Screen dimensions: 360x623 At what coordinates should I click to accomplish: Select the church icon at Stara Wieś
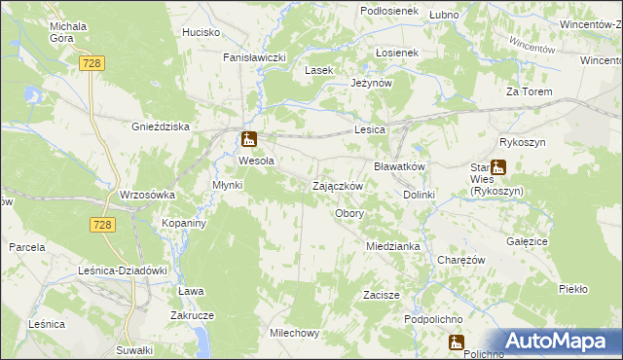point(497,167)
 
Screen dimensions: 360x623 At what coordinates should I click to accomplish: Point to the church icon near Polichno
point(455,342)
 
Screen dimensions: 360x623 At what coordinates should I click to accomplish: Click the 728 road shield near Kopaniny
point(104,225)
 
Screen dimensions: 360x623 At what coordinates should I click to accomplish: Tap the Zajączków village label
point(338,186)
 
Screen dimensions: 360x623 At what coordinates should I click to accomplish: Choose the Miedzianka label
point(392,246)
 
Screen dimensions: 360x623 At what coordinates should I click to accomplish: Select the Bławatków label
point(400,166)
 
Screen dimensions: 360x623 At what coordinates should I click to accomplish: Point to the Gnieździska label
point(160,126)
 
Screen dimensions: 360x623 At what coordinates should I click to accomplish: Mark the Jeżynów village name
point(371,84)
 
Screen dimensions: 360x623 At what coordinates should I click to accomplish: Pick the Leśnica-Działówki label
point(124,270)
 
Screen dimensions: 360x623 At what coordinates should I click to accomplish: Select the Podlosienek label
point(388,11)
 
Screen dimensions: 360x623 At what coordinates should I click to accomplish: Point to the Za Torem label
point(529,91)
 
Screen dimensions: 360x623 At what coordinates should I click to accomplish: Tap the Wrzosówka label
point(146,195)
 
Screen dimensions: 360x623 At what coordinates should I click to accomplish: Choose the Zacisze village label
point(382,294)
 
